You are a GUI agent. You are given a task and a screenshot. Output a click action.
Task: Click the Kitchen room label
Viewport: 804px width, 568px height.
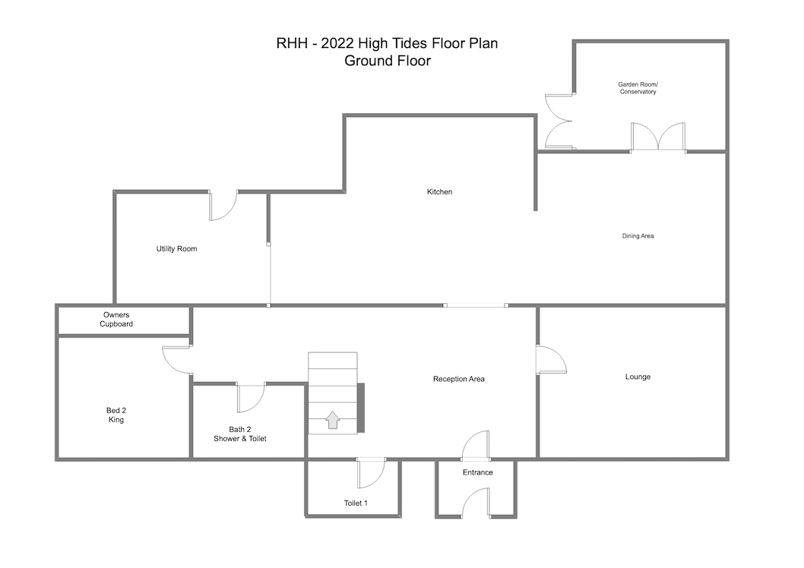tap(439, 192)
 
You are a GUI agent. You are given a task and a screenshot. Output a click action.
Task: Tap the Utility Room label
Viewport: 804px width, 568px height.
tap(176, 249)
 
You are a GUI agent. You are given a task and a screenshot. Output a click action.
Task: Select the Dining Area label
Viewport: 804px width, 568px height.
tap(638, 236)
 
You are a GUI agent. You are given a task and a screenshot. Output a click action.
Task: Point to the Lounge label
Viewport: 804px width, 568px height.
tap(638, 377)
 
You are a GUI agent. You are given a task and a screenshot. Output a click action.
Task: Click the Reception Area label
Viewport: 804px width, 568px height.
tap(458, 379)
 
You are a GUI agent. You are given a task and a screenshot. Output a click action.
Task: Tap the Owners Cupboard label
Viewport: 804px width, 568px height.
tap(116, 320)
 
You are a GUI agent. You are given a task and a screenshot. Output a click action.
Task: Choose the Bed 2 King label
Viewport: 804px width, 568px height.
tap(116, 415)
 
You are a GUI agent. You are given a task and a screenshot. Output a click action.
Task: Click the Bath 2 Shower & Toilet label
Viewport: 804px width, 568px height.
tap(240, 434)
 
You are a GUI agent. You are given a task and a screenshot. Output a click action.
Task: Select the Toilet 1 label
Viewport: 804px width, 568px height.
tap(356, 503)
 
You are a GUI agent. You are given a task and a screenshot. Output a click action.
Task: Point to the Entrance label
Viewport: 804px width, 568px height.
tap(477, 472)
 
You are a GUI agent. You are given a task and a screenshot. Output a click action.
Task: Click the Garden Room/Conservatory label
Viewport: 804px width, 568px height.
tap(638, 88)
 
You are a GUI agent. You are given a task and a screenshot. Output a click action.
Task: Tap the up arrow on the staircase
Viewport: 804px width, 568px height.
tap(333, 420)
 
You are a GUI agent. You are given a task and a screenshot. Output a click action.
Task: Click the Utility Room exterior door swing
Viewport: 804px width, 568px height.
tap(223, 205)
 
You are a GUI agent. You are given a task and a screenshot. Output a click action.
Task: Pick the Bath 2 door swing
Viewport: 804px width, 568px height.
tap(251, 397)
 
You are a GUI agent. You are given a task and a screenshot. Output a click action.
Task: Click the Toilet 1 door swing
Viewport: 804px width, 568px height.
tap(371, 473)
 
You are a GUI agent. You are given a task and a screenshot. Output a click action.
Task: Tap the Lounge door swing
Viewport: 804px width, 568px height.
tap(551, 360)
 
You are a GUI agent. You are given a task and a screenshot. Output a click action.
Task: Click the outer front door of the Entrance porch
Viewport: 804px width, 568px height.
tap(476, 502)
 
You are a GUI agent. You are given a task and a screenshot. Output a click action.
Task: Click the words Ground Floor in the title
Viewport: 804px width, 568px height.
tap(388, 61)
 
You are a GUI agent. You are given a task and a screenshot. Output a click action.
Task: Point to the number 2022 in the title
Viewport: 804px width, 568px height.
tap(337, 43)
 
